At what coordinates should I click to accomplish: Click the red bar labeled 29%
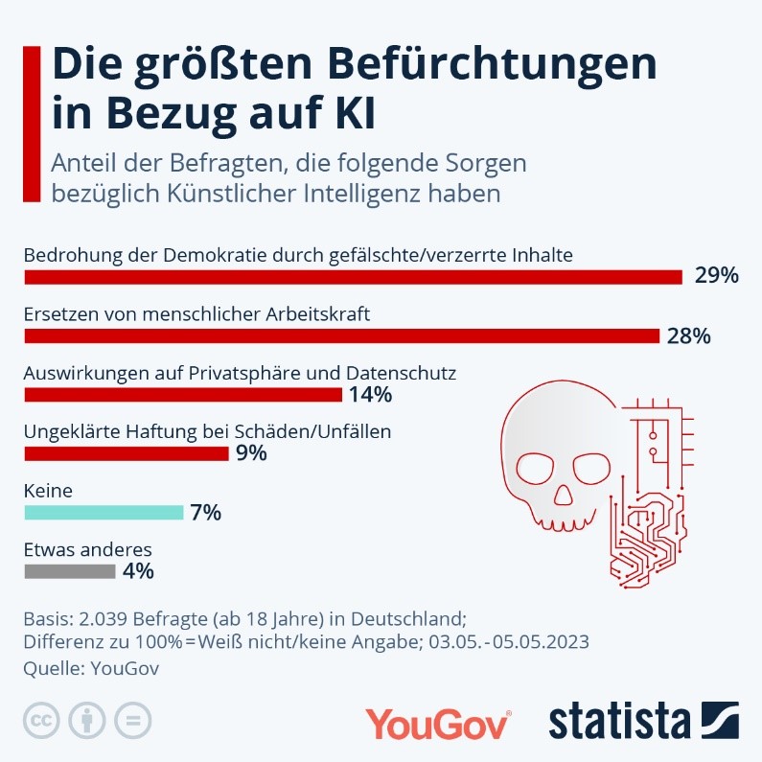353,277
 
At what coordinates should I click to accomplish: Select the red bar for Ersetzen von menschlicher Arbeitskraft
342,335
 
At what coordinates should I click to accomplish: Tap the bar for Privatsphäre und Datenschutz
183,395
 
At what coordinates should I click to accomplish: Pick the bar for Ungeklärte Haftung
126,453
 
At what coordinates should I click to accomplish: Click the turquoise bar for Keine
104,513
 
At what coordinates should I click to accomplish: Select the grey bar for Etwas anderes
69,572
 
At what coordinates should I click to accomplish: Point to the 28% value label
689,335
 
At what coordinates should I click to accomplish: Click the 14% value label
371,395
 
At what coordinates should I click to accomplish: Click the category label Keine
48,492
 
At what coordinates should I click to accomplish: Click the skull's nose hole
566,498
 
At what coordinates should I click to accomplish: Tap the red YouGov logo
438,723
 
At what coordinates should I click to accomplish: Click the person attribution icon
88,720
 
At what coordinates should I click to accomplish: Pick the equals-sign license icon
133,720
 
